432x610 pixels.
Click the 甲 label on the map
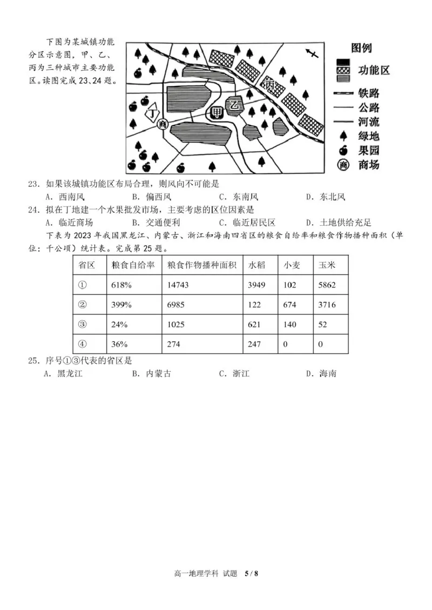click(x=217, y=113)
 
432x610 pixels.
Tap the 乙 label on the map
click(x=234, y=106)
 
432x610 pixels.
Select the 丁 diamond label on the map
click(x=154, y=114)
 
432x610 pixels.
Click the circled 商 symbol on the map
click(x=163, y=125)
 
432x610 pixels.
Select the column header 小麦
click(x=291, y=266)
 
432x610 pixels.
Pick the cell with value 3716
click(x=327, y=305)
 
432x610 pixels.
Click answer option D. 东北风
click(x=325, y=197)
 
